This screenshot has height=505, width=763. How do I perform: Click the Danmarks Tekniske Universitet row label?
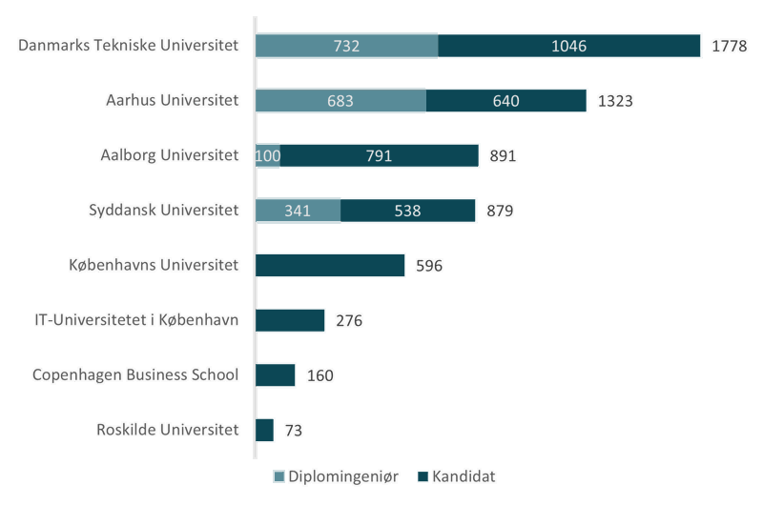pyautogui.click(x=129, y=46)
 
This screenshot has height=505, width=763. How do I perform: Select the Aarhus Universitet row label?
pyautogui.click(x=172, y=100)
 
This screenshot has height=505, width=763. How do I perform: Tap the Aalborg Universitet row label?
pyautogui.click(x=169, y=155)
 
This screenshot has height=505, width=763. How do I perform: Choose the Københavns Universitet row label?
pyautogui.click(x=154, y=265)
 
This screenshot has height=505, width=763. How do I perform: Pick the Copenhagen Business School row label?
pyautogui.click(x=134, y=374)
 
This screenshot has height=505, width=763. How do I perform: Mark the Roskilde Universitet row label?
pyautogui.click(x=167, y=430)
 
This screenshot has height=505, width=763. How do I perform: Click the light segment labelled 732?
pyautogui.click(x=347, y=46)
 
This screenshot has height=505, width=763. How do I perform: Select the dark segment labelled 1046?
pyautogui.click(x=570, y=46)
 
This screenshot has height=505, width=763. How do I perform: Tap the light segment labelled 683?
pyautogui.click(x=340, y=100)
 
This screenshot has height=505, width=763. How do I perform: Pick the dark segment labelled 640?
pyautogui.click(x=506, y=100)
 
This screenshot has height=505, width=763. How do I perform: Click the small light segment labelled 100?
pyautogui.click(x=268, y=155)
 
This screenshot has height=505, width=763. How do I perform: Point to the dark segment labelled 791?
pyautogui.click(x=380, y=155)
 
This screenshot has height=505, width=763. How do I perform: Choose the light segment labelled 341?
pyautogui.click(x=298, y=210)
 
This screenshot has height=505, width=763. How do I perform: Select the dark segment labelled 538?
pyautogui.click(x=408, y=210)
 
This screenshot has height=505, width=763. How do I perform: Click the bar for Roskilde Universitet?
pyautogui.click(x=265, y=430)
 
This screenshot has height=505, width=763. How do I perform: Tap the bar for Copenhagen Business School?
pyautogui.click(x=276, y=374)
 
